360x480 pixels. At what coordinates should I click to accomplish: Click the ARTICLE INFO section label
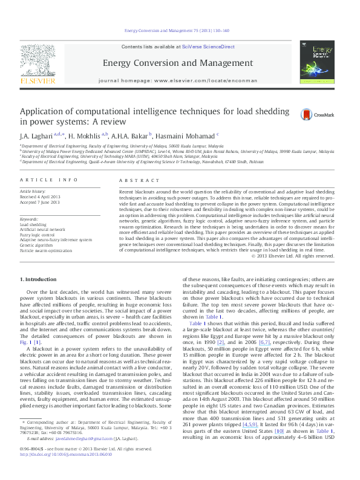[x=50, y=181]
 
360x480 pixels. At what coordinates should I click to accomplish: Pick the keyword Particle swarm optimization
[x=48, y=250]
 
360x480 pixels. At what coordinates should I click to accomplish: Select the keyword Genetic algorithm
[x=38, y=245]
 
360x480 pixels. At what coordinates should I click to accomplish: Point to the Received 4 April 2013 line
[x=41, y=196]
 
